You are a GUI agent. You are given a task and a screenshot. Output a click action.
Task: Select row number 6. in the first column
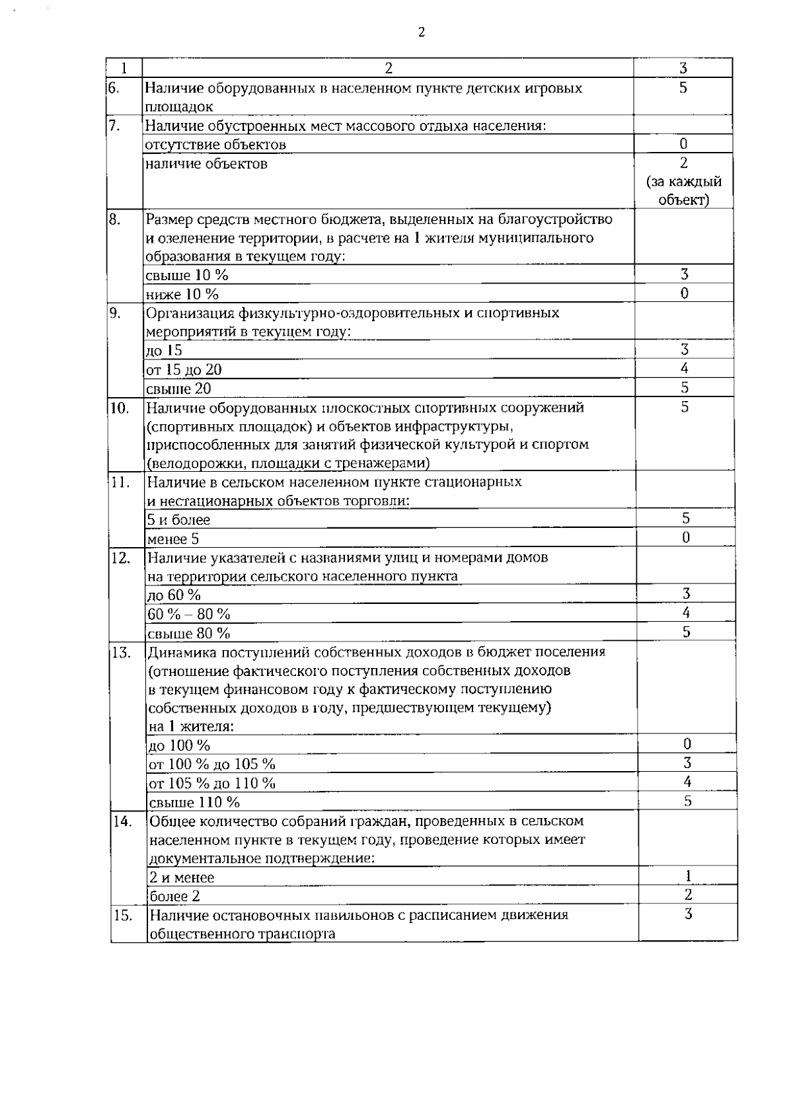pos(113,88)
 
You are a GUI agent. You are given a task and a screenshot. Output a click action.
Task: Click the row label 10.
pos(120,408)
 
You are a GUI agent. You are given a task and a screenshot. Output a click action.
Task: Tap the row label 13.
pos(121,653)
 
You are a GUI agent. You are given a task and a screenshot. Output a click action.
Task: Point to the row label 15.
pos(122,916)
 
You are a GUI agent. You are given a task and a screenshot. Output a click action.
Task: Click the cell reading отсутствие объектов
pos(215,145)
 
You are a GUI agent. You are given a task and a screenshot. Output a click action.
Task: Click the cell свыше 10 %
pos(187,276)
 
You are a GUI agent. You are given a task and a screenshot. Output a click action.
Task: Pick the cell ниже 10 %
pos(182,295)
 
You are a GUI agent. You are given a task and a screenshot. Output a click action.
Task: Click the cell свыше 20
pos(178,389)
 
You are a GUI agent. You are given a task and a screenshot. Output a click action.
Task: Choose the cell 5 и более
pos(179,520)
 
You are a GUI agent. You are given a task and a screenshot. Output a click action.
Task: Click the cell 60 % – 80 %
pos(189,615)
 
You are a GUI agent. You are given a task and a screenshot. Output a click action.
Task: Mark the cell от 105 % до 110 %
pos(212,784)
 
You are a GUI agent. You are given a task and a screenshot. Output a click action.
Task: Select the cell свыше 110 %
pos(194,803)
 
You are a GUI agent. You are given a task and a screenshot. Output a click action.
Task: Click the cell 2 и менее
pos(182,878)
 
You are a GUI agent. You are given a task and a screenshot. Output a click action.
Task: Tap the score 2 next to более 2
pos(688,895)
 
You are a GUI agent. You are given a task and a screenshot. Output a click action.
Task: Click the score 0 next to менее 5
pos(686,538)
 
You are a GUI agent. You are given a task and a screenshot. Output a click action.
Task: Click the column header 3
pos(683,68)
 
